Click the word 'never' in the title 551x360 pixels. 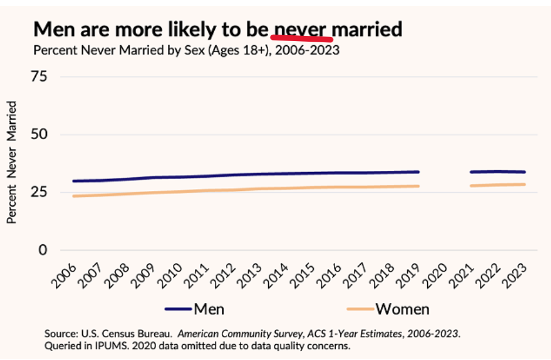(x=303, y=29)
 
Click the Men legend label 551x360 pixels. (x=209, y=308)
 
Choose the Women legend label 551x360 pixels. (x=403, y=308)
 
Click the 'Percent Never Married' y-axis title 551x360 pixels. (x=12, y=162)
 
